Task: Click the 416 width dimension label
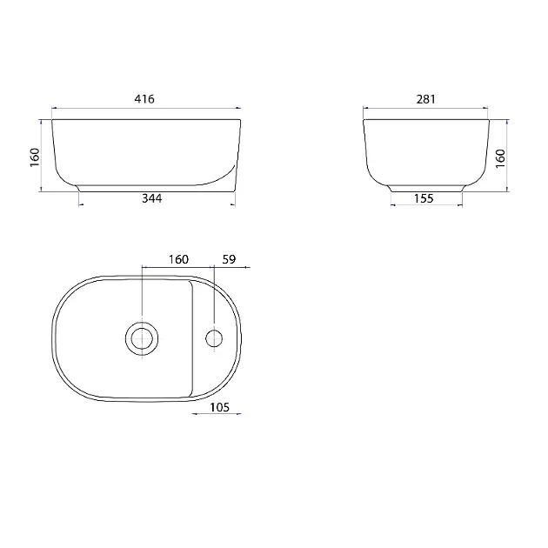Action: pos(144,99)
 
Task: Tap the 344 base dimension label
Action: pos(152,198)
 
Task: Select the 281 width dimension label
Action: pos(425,99)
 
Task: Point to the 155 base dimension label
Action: pos(424,198)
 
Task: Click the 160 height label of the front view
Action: pos(35,157)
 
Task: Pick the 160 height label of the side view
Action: pos(500,158)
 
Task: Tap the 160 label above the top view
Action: pos(178,259)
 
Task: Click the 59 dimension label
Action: pos(229,259)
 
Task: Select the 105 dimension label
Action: pos(219,407)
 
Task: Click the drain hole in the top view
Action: pos(142,338)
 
